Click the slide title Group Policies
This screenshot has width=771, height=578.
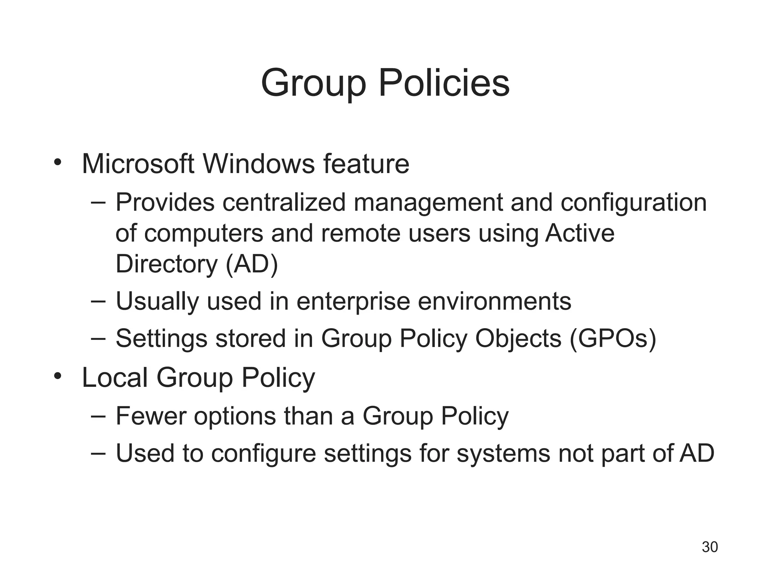click(385, 83)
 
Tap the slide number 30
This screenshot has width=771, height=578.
click(710, 547)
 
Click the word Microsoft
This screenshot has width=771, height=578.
click(138, 164)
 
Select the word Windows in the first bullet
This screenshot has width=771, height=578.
click(258, 164)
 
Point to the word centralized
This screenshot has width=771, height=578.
click(284, 202)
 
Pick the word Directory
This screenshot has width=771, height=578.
click(166, 264)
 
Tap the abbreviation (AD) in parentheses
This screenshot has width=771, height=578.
click(251, 264)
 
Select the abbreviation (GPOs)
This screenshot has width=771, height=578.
click(613, 339)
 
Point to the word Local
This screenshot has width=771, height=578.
click(114, 377)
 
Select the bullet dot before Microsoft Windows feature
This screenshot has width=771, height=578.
click(57, 163)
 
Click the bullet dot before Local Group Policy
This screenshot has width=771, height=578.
click(57, 376)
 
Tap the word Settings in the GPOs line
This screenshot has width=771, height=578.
click(161, 339)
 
